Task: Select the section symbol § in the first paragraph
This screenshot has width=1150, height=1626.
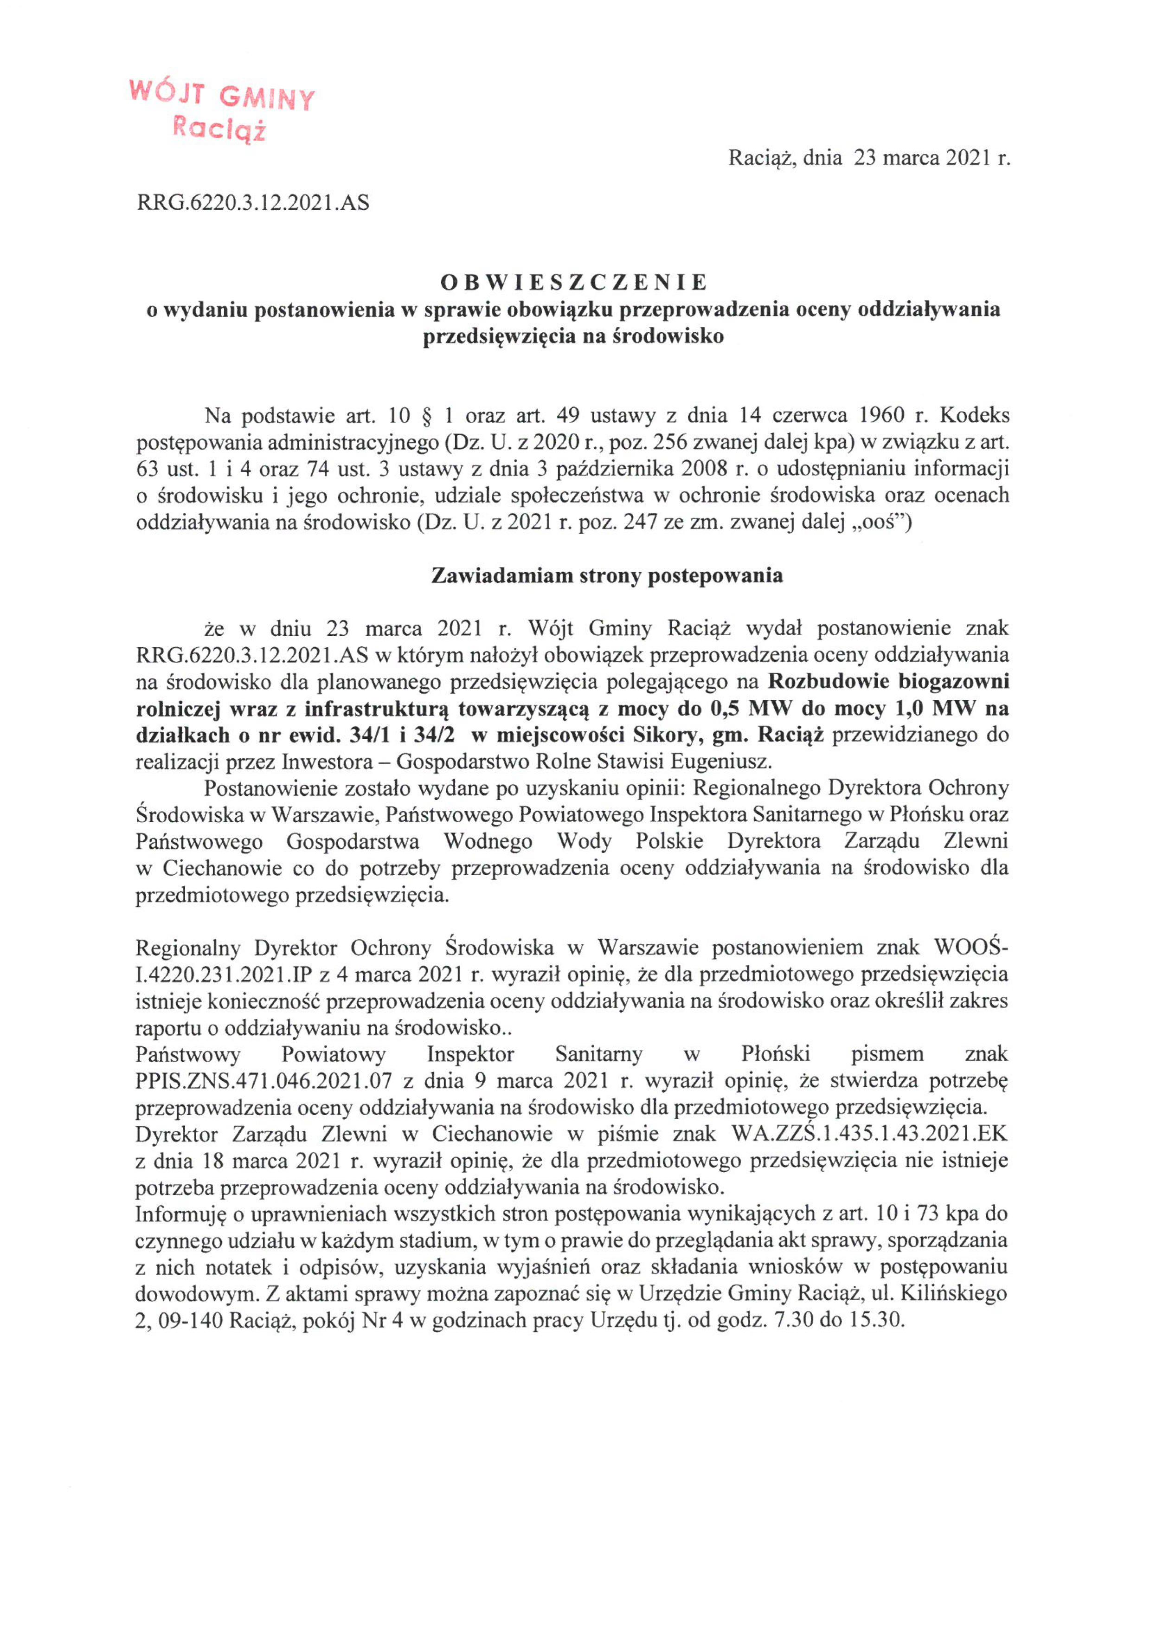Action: (426, 415)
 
